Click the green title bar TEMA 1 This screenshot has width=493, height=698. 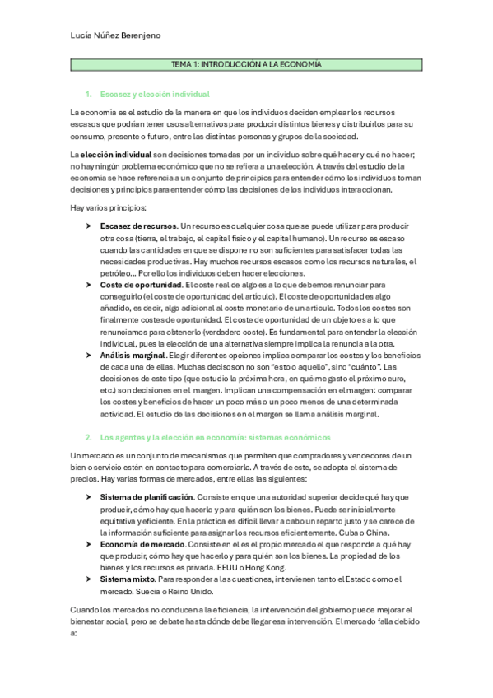(246, 64)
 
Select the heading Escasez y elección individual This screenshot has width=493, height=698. (154, 95)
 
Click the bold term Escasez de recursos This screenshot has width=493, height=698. (137, 226)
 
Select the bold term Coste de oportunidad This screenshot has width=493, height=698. (141, 284)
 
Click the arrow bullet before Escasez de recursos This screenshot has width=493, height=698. (89, 226)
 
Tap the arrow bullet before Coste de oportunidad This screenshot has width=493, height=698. (89, 284)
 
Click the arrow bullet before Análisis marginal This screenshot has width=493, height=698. (89, 355)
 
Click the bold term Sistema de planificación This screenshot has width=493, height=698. (147, 497)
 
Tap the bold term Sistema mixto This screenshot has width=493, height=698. (124, 579)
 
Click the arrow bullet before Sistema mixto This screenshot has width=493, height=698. (89, 579)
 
